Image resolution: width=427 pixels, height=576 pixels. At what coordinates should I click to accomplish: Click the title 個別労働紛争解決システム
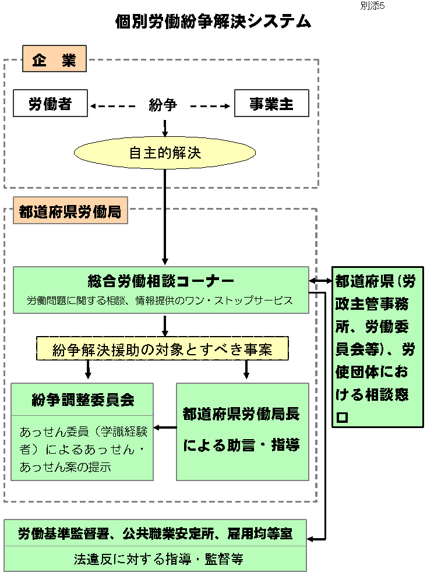(x=213, y=22)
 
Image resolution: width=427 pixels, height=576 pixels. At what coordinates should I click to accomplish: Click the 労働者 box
(x=50, y=104)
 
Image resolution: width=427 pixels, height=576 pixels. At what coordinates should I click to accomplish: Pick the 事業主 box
(x=271, y=104)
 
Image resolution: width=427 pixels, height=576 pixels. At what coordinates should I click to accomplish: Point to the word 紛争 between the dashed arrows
(x=163, y=105)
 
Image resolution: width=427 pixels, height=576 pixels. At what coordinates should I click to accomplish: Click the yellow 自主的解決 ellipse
(x=164, y=153)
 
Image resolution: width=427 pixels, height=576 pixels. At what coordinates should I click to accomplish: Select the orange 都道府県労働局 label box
(x=70, y=213)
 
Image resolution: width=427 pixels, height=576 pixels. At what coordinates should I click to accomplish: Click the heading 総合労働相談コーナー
(x=160, y=282)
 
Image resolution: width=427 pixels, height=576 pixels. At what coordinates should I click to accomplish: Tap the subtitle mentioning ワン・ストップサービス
(x=160, y=301)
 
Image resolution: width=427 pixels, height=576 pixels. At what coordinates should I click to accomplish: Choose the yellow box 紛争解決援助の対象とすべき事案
(x=163, y=349)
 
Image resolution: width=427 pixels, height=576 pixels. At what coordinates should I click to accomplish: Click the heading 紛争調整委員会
(x=83, y=400)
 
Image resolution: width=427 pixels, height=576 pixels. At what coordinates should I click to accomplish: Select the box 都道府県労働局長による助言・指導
(x=242, y=431)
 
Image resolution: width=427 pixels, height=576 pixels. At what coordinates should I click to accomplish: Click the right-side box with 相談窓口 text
(x=377, y=348)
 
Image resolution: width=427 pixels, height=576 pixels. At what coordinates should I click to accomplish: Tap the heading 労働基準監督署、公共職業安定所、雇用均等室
(x=155, y=533)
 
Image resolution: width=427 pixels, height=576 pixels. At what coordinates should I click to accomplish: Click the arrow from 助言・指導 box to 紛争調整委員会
(x=165, y=428)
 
